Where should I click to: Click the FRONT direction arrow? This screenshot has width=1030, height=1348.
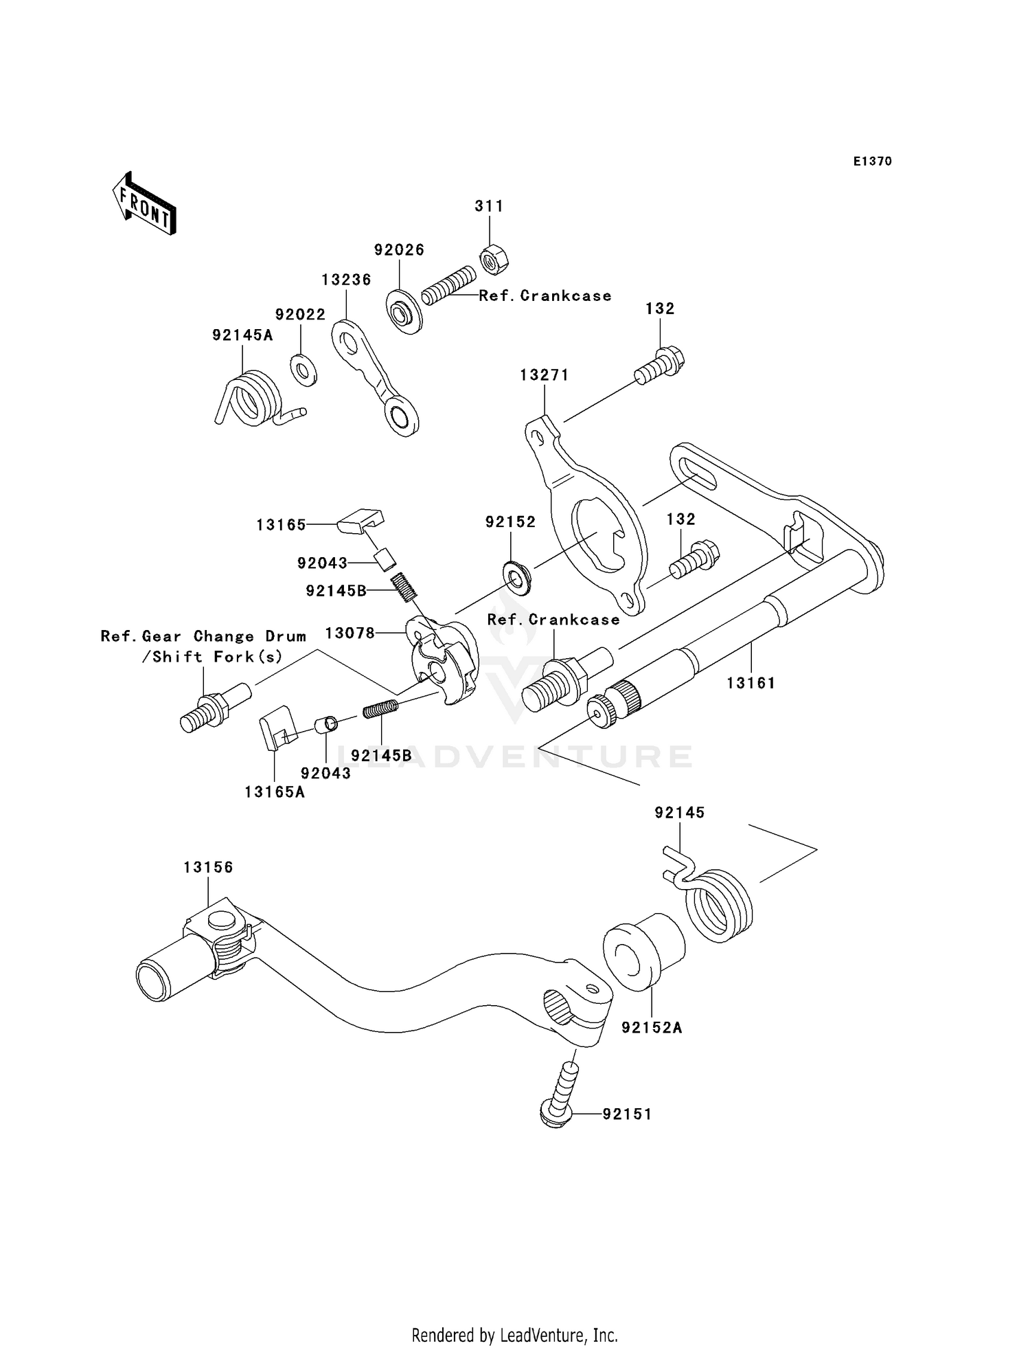(145, 205)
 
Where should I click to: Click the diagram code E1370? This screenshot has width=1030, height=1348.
(872, 161)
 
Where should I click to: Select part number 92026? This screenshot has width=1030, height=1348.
(399, 250)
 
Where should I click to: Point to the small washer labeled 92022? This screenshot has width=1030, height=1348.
(303, 370)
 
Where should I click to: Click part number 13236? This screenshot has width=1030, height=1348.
(346, 280)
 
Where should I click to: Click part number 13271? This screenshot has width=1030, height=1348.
(544, 375)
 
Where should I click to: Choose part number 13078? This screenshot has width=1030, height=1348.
(350, 633)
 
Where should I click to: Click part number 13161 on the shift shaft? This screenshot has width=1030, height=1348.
(751, 683)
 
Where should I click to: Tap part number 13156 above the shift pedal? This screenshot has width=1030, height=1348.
(208, 867)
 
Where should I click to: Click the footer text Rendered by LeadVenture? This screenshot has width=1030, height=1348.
(514, 1335)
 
